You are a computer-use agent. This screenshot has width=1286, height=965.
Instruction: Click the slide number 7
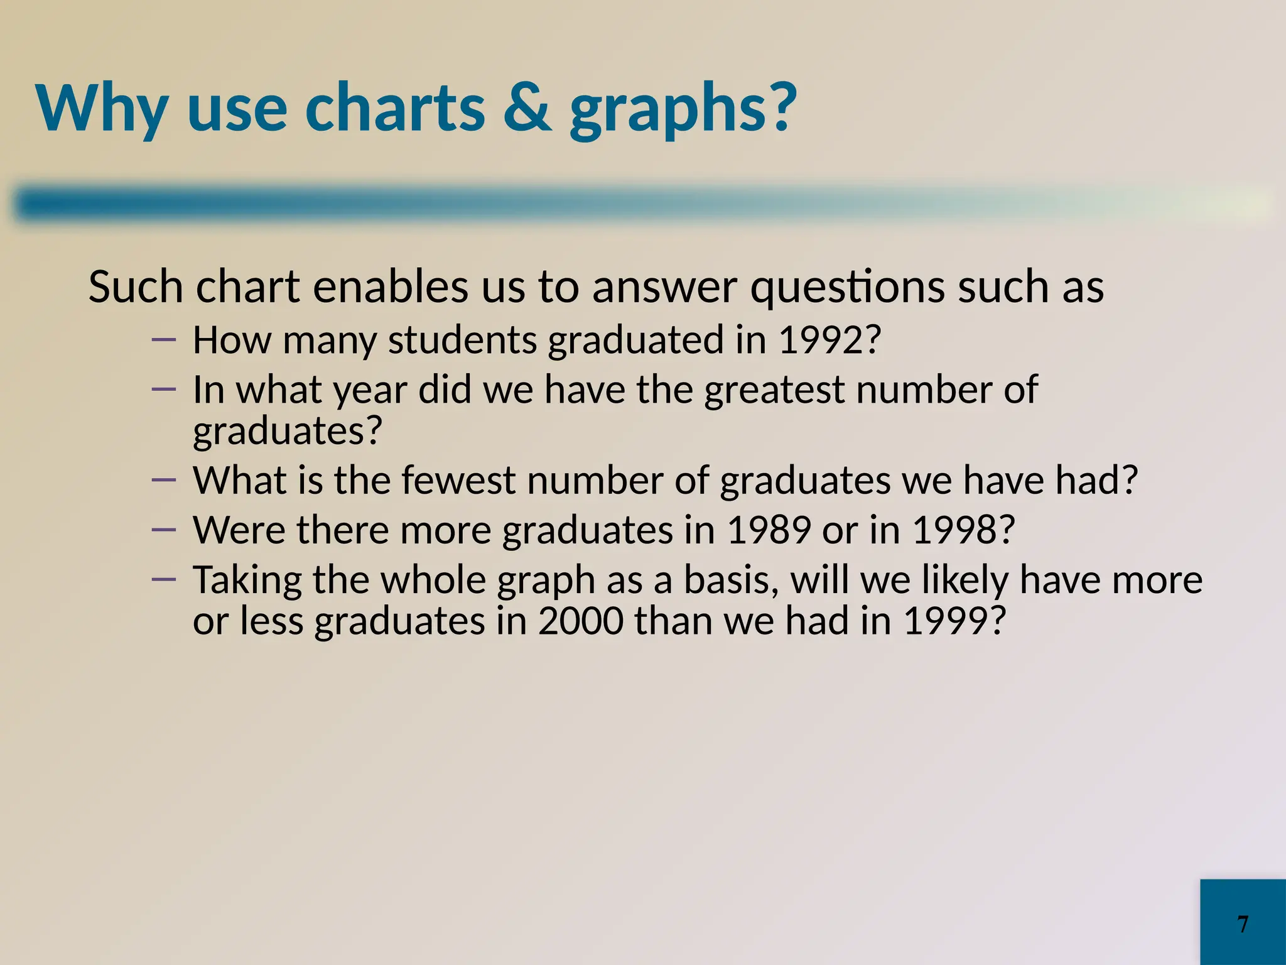[x=1243, y=924]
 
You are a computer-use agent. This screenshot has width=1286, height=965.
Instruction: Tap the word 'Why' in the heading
[x=102, y=108]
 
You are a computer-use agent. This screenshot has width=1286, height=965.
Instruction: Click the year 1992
[x=829, y=340]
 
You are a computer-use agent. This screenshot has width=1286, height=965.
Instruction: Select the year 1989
[x=769, y=530]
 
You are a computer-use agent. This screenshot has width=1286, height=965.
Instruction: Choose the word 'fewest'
[x=458, y=481]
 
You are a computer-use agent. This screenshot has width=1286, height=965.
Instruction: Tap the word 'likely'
[x=964, y=581]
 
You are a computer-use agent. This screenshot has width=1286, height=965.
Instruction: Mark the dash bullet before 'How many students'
[x=164, y=340]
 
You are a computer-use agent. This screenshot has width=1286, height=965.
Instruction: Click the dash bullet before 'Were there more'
[x=164, y=530]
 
